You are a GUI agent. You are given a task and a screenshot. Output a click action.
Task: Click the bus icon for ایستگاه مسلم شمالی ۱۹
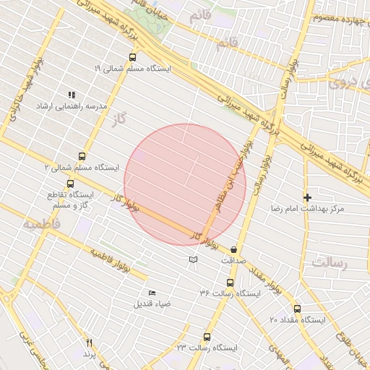(132, 56)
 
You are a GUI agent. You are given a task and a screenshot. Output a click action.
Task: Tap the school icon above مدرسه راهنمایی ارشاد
(71, 95)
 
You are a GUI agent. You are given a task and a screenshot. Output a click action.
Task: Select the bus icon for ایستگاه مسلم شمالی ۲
(81, 155)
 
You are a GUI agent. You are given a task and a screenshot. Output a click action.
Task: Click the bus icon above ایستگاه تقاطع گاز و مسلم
(70, 184)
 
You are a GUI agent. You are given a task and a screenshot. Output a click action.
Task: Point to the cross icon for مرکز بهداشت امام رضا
(308, 197)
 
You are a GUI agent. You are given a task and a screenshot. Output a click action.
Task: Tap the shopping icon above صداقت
(233, 249)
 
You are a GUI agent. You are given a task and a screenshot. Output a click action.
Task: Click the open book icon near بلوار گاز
(192, 259)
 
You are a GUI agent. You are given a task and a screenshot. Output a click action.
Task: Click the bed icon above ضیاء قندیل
(152, 293)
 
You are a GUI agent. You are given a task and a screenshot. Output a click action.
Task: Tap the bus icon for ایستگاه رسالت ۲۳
(207, 337)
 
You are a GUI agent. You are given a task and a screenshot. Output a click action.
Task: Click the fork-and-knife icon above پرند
(90, 343)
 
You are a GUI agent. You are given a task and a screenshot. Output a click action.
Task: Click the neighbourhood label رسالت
(330, 263)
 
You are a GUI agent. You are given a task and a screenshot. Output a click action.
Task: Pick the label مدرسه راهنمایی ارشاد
(72, 106)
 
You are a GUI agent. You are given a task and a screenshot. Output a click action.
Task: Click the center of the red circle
(185, 184)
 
